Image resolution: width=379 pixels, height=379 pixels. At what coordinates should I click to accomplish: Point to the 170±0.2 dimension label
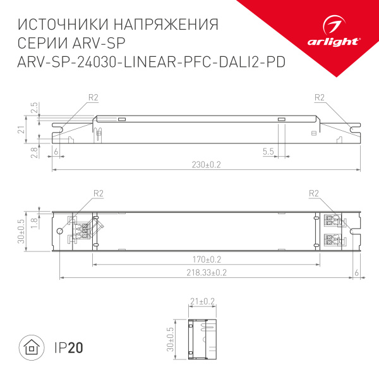[x=206, y=259]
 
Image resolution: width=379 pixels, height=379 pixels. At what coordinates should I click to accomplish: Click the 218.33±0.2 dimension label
[x=206, y=272]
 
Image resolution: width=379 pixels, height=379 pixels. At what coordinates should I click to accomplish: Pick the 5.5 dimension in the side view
[x=268, y=152]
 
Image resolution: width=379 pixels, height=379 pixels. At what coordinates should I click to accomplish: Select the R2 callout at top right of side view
[x=318, y=97]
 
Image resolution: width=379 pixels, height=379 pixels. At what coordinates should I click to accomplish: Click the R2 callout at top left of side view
[x=93, y=97]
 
